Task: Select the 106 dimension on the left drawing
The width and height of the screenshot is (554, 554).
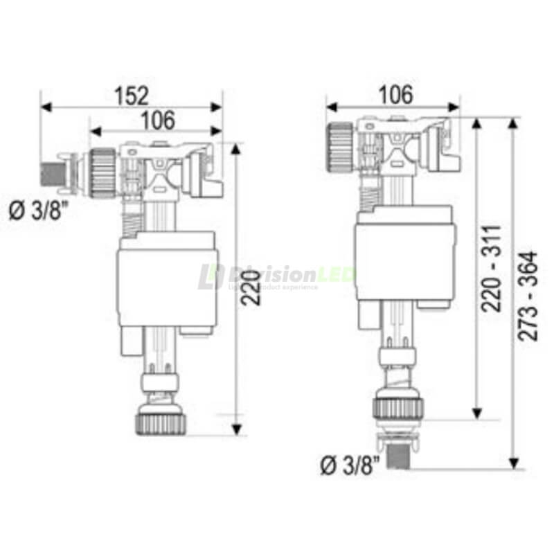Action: [157, 120]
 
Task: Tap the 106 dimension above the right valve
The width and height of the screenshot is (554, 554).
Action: [394, 94]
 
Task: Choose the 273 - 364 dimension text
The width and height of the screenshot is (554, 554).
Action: [530, 294]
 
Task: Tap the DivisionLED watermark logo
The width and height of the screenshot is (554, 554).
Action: [277, 277]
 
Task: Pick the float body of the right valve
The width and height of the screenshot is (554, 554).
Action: [406, 256]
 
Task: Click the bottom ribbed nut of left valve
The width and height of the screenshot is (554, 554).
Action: [161, 422]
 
